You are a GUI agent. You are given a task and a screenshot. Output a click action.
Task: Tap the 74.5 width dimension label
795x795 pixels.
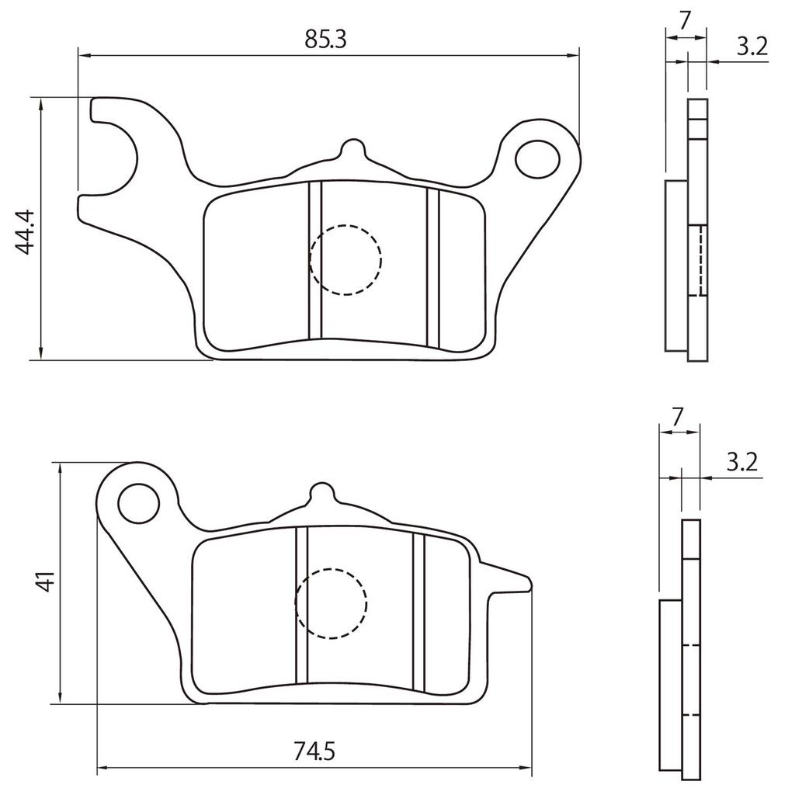click(314, 752)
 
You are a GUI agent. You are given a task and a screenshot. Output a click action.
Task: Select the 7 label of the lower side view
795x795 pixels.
click(678, 417)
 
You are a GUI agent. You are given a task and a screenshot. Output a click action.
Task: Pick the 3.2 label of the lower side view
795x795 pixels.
click(742, 463)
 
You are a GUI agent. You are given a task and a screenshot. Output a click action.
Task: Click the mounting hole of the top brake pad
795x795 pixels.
click(537, 158)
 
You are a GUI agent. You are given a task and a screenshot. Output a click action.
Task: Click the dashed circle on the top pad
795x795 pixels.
click(345, 260)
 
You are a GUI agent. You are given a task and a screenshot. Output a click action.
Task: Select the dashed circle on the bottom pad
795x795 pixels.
click(332, 603)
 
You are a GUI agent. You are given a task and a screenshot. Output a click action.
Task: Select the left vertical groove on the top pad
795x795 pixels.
click(315, 260)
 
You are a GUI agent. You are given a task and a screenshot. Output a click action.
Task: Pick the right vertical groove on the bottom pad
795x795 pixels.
click(419, 613)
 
